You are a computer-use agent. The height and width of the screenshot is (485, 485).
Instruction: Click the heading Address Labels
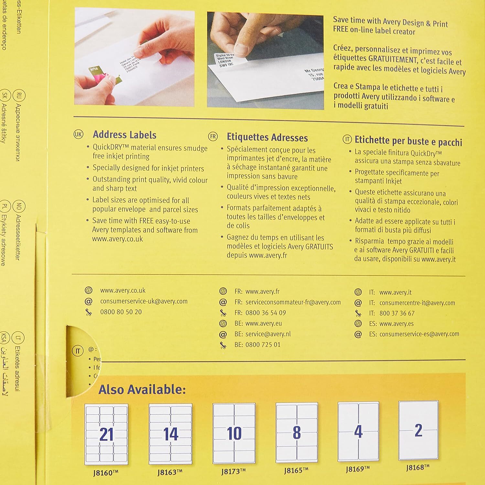pyautogui.click(x=124, y=135)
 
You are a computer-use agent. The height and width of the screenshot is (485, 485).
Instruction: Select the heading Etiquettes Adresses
pyautogui.click(x=267, y=137)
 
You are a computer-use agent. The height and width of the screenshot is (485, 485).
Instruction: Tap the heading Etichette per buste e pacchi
pyautogui.click(x=408, y=141)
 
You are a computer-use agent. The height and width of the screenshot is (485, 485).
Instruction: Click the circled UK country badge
pyautogui.click(x=78, y=135)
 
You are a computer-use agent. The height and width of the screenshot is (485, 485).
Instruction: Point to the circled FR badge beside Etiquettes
pyautogui.click(x=213, y=137)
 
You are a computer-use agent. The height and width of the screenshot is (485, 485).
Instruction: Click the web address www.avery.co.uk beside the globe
pyautogui.click(x=123, y=291)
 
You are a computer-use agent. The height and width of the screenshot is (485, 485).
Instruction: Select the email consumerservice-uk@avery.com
pyautogui.click(x=144, y=301)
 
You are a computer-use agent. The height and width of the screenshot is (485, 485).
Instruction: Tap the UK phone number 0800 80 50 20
pyautogui.click(x=121, y=312)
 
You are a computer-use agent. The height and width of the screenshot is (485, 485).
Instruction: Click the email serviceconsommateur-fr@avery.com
pyautogui.click(x=293, y=302)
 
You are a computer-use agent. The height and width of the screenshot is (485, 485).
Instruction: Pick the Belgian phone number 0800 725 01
pyautogui.click(x=263, y=345)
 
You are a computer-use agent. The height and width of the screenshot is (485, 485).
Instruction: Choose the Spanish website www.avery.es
pyautogui.click(x=396, y=324)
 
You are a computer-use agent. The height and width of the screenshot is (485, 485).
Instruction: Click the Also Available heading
pyautogui.click(x=142, y=390)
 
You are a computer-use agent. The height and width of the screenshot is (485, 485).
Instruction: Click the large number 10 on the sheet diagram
pyautogui.click(x=234, y=433)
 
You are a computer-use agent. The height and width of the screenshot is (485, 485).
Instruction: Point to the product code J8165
pyautogui.click(x=296, y=470)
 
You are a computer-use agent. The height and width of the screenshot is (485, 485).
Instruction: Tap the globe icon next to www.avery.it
pyautogui.click(x=358, y=292)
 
